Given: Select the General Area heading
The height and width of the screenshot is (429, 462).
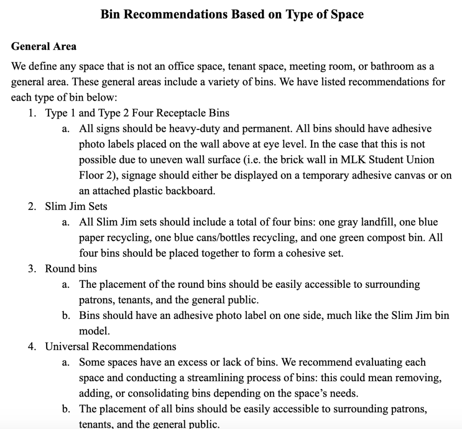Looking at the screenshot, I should (x=44, y=46).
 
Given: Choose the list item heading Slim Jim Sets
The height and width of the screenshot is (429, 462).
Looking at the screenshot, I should (x=76, y=207).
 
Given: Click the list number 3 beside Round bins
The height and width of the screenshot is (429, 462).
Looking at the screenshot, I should (x=31, y=269).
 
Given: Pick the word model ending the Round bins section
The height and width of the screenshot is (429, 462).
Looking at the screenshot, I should (x=88, y=331).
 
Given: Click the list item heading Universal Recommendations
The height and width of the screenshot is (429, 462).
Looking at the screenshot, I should (x=111, y=347).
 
